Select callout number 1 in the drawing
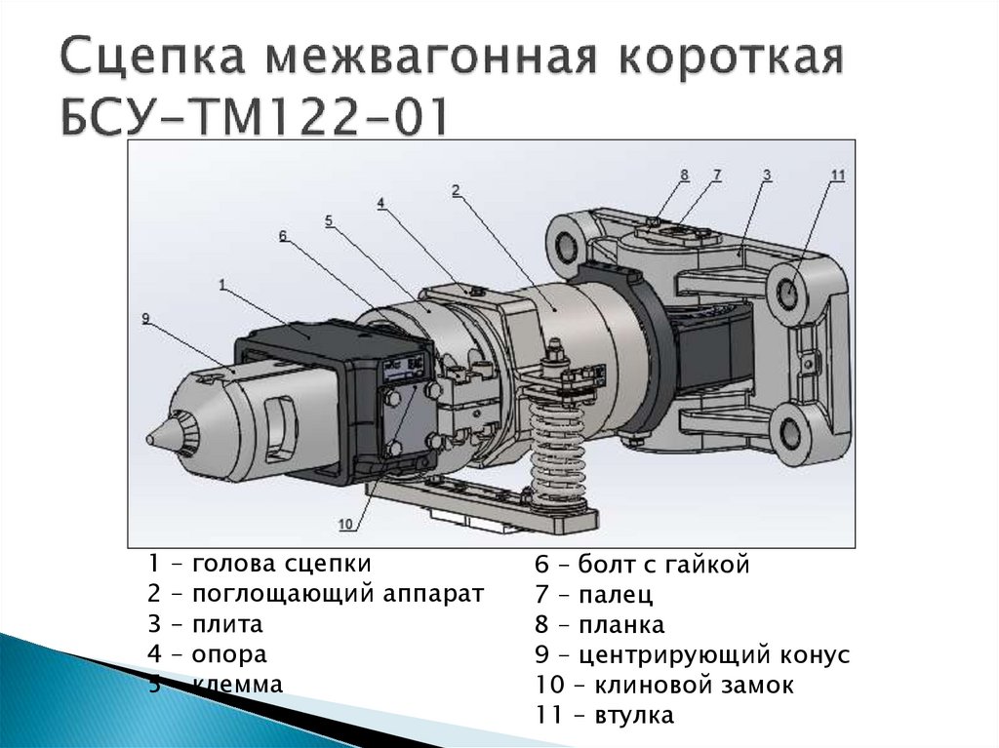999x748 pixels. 222,284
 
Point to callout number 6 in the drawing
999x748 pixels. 282,235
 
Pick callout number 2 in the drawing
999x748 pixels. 456,190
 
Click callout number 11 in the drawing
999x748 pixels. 837,176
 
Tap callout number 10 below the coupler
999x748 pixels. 344,524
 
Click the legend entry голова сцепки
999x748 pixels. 282,564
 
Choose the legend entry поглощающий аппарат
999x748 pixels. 338,594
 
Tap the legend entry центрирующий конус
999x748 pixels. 713,654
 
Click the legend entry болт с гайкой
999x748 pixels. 663,564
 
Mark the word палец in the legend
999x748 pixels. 616,594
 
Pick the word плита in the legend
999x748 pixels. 227,624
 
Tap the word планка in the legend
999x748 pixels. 621,624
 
